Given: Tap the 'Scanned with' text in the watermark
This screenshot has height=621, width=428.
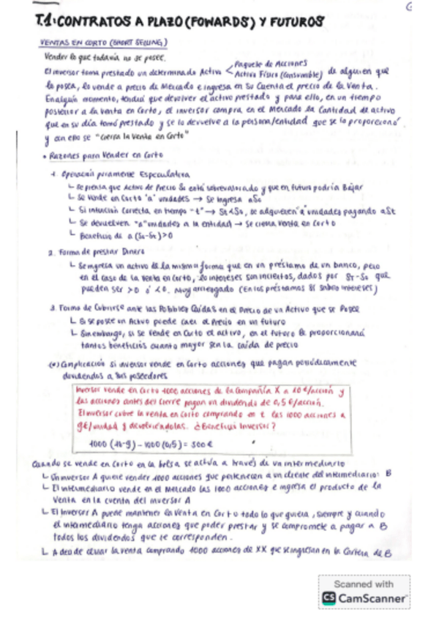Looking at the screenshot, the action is tap(364, 584).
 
